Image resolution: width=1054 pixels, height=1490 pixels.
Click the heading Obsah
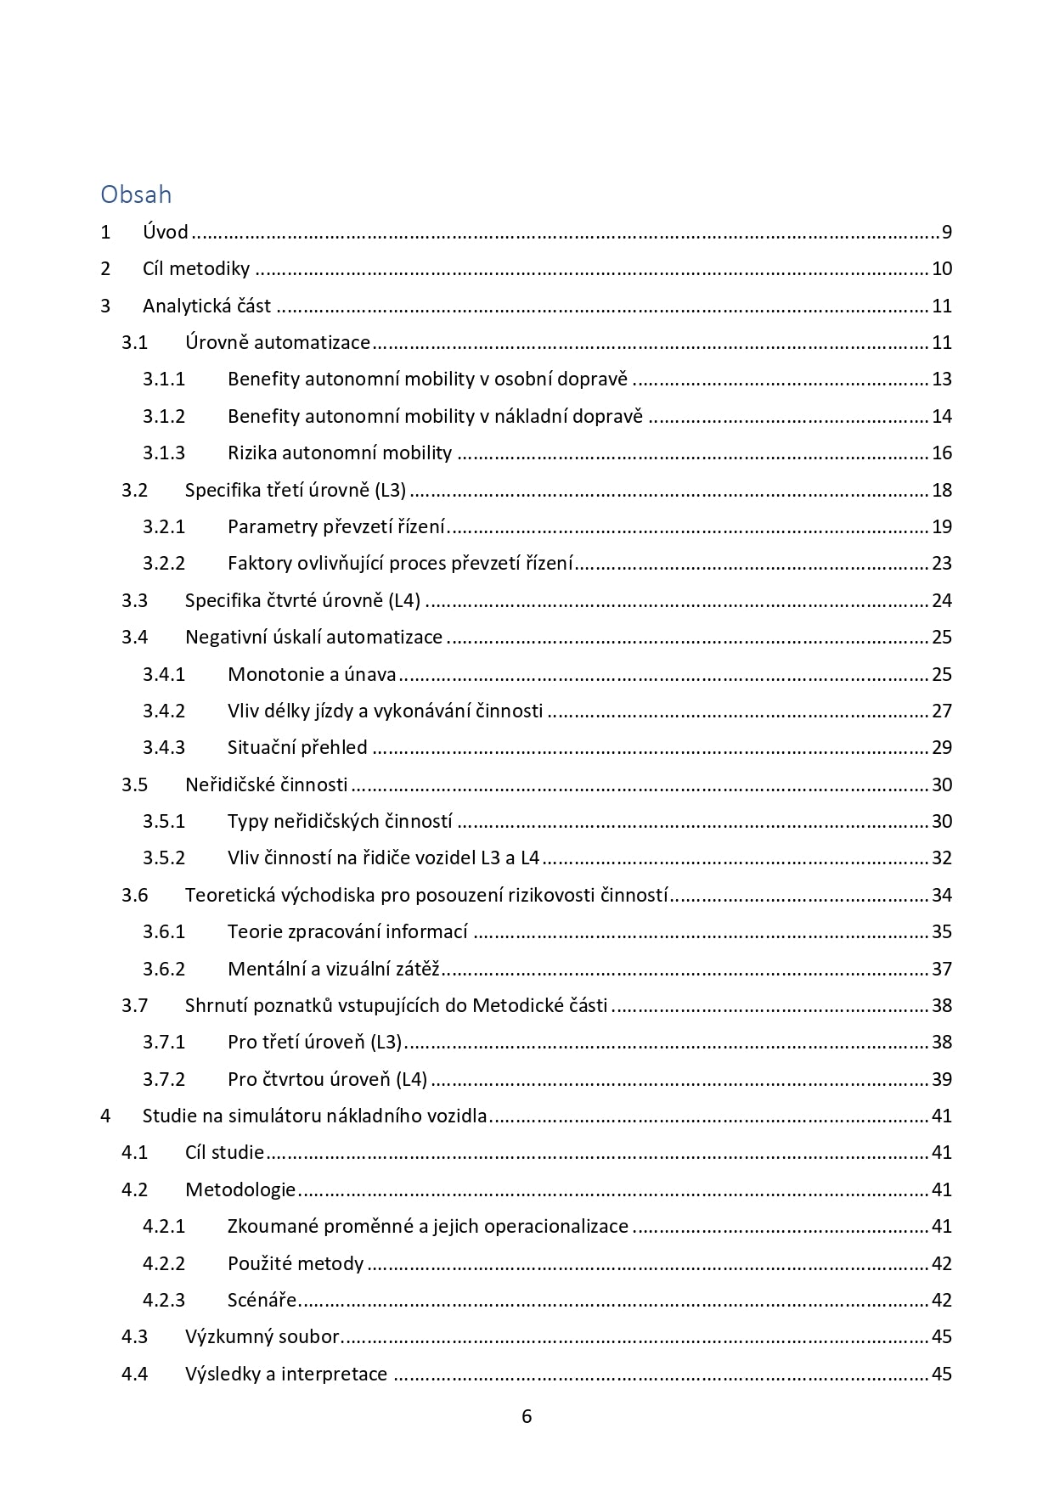click(x=136, y=194)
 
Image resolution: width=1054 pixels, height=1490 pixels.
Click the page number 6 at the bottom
click(x=527, y=1416)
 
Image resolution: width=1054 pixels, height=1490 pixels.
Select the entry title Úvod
click(x=166, y=233)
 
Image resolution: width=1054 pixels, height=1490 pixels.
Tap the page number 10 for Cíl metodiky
click(x=942, y=269)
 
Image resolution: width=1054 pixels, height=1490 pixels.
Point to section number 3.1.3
click(x=164, y=453)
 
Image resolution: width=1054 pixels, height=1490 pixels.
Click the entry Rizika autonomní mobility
click(x=340, y=453)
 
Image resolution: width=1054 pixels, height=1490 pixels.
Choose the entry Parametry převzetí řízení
click(x=336, y=527)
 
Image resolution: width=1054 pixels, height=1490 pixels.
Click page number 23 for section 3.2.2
click(x=942, y=564)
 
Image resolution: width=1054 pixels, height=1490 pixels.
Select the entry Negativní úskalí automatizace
click(x=313, y=638)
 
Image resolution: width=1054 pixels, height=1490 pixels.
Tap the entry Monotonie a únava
click(x=312, y=675)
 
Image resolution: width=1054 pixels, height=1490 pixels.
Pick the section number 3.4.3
click(x=164, y=748)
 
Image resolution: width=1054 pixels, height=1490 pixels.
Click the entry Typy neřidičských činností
click(x=340, y=822)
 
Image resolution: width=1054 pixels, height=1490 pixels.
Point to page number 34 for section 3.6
click(x=942, y=895)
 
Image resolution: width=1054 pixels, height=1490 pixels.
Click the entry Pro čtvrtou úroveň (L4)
click(x=327, y=1080)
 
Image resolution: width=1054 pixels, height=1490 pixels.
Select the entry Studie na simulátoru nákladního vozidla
click(x=315, y=1116)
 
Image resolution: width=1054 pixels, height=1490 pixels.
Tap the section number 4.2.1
click(x=164, y=1227)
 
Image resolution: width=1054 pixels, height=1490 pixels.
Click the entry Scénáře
click(x=262, y=1301)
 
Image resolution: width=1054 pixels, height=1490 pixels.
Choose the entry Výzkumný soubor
click(x=262, y=1337)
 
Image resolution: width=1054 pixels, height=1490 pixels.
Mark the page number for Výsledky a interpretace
click(x=942, y=1375)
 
